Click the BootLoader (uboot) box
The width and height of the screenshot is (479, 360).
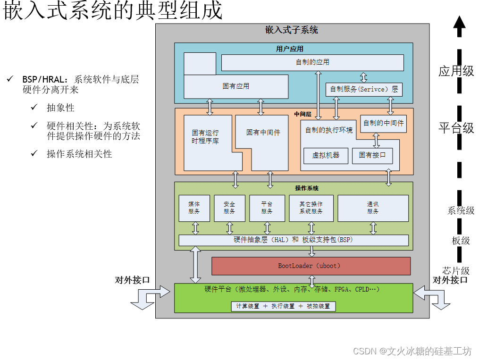point(311,266)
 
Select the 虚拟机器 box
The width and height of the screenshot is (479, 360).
point(326,155)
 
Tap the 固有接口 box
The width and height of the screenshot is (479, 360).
point(372,155)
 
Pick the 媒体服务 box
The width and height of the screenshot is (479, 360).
point(194,208)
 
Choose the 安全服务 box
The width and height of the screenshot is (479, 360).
point(229,208)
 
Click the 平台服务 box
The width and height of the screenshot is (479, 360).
point(267,208)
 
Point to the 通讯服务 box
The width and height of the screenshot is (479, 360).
point(373,208)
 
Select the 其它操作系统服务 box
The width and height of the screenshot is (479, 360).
point(311,208)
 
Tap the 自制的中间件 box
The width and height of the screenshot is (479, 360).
point(383,123)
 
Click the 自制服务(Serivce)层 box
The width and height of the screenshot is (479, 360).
point(364,89)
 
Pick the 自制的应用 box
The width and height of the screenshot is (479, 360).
point(312,62)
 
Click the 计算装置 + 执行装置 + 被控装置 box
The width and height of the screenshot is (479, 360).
point(284,306)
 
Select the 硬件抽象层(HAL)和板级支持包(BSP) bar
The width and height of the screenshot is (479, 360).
point(294,240)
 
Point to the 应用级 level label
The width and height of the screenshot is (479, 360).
point(456,71)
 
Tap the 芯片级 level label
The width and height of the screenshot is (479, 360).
point(456,271)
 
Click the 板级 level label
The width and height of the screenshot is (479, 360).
point(461,241)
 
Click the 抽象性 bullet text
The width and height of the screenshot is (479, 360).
point(60,108)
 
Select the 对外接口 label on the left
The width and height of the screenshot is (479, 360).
point(132,280)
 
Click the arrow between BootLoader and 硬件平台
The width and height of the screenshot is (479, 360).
point(311,279)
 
